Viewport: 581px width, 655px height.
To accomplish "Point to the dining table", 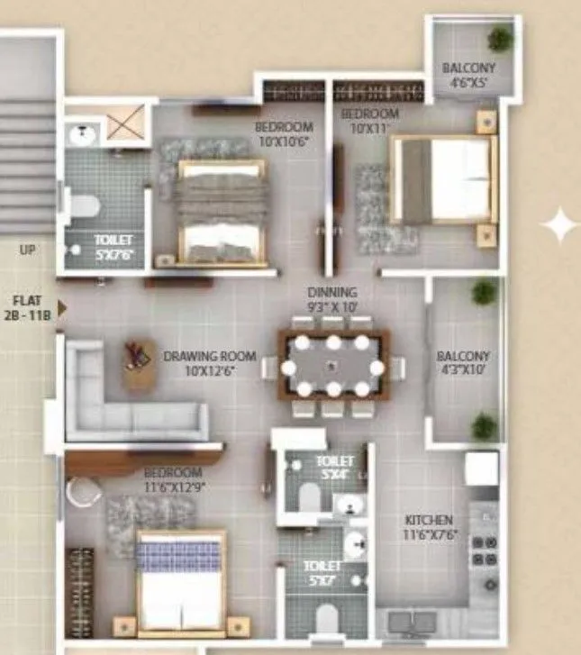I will [x=333, y=365].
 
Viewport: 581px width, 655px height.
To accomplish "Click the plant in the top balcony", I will [x=499, y=38].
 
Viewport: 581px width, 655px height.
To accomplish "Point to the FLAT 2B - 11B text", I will [x=27, y=308].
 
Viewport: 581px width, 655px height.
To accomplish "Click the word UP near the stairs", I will [x=27, y=250].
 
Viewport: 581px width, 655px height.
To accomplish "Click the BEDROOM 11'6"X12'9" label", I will [x=174, y=479].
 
